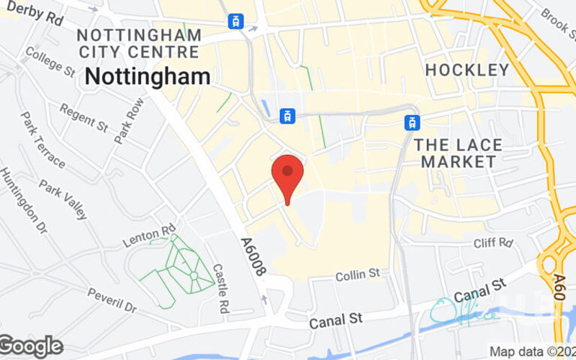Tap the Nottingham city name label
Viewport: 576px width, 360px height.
pyautogui.click(x=148, y=76)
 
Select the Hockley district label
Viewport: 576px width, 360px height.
pyautogui.click(x=467, y=70)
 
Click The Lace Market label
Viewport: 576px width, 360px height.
pyautogui.click(x=458, y=153)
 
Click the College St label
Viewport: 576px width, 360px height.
pyautogui.click(x=50, y=62)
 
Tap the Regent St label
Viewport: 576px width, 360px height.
pyautogui.click(x=84, y=117)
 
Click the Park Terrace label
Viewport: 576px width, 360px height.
pyautogui.click(x=43, y=140)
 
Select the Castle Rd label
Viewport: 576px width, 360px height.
pyautogui.click(x=220, y=288)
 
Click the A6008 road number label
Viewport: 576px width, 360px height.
pyautogui.click(x=253, y=257)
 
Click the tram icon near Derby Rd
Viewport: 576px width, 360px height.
pyautogui.click(x=235, y=22)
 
